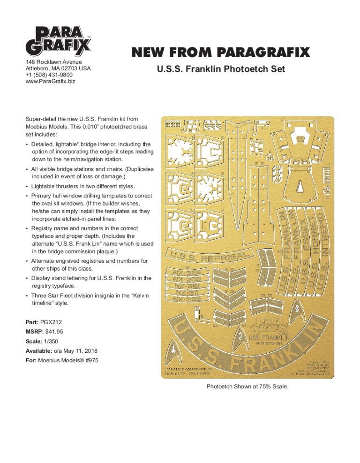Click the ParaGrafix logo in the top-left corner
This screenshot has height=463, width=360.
click(x=58, y=41)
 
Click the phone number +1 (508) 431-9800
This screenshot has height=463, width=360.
click(x=48, y=75)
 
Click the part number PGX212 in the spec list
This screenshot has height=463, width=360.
click(x=53, y=323)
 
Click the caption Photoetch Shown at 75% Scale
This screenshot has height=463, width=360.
click(x=247, y=387)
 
